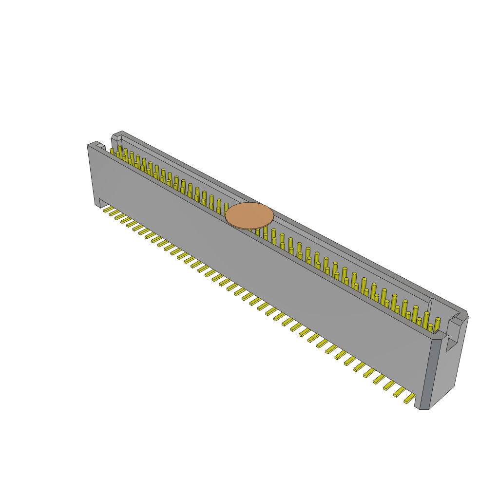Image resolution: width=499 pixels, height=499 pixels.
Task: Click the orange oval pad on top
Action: [249, 215]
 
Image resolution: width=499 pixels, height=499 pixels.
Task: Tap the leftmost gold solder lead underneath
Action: [108, 210]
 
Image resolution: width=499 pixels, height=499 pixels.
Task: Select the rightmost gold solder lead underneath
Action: [410, 399]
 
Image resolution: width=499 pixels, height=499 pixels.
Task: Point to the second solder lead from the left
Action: [114, 213]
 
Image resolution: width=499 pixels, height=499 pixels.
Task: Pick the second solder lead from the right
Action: [400, 392]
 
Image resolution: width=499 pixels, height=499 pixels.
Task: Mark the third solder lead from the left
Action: [120, 216]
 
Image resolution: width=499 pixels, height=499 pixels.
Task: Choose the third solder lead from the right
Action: [389, 385]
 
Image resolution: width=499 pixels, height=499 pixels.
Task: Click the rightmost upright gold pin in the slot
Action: [437, 325]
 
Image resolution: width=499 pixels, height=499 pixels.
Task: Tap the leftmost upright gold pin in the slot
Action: [112, 152]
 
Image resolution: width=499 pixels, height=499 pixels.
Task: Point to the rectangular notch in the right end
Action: [452, 336]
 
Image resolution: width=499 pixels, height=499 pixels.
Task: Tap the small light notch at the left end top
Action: [100, 146]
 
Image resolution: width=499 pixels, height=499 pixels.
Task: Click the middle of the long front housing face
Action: [253, 273]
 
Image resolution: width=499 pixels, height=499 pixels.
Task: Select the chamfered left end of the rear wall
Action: [115, 139]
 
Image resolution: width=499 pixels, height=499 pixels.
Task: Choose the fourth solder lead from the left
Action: [126, 220]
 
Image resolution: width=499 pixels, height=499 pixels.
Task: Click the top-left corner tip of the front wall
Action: [89, 145]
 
